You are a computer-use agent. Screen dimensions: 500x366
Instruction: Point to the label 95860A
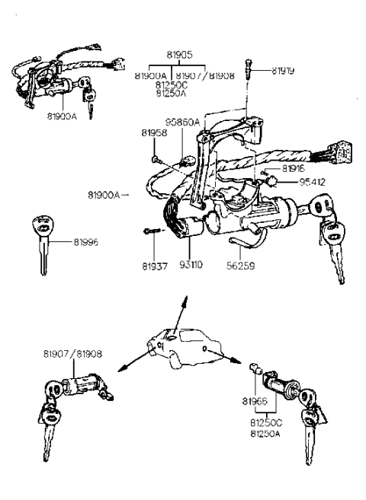pyautogui.click(x=182, y=122)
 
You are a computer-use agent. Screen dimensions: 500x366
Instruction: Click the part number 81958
pyautogui.click(x=153, y=133)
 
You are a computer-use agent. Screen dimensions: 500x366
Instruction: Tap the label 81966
pyautogui.click(x=254, y=400)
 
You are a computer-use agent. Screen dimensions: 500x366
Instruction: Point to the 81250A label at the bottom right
pyautogui.click(x=266, y=433)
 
